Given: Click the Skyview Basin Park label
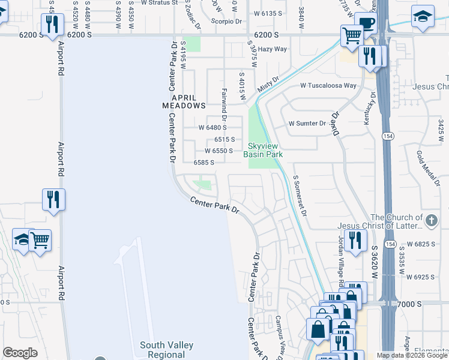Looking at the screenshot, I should coord(262,150).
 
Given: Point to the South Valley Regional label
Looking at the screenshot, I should coord(166,349).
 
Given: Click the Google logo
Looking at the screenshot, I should coord(20,352).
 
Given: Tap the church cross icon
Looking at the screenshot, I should coord(430,221).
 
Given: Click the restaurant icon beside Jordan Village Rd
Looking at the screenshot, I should coord(355,241).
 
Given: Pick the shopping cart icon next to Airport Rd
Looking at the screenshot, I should coord(40,240).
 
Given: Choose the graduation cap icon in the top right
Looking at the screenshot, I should coord(423,16).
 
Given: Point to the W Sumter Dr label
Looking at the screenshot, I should coord(307,124).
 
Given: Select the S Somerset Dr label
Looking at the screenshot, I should coord(299,196).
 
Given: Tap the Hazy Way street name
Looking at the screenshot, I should coord(273,49).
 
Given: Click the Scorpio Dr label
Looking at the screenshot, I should coord(226,20).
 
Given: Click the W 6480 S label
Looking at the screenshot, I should coord(212,128).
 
